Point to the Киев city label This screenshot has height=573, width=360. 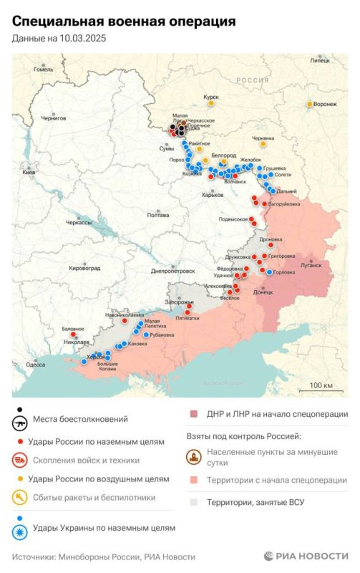[x=29, y=173]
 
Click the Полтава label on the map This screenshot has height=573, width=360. [x=157, y=215]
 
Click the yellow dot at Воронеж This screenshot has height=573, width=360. [x=310, y=105]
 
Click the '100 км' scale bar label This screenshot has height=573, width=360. [x=321, y=386]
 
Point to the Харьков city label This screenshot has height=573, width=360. [x=213, y=195]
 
